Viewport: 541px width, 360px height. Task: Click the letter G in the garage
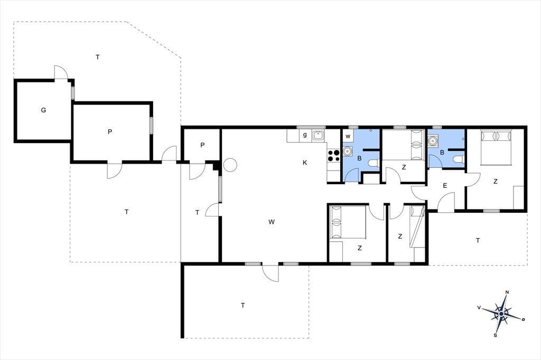(x=43, y=110)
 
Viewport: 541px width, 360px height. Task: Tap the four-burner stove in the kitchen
(x=333, y=155)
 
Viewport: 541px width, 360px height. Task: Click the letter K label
(x=305, y=163)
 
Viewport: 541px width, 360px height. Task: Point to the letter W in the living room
(x=272, y=222)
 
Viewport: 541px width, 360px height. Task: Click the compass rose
(x=501, y=314)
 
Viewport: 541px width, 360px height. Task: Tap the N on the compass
(x=507, y=292)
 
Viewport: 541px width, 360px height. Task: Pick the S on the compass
(x=496, y=335)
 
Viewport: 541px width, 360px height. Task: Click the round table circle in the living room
(x=230, y=165)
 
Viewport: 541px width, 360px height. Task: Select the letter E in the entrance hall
(x=445, y=186)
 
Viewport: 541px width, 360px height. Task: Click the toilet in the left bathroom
(x=374, y=163)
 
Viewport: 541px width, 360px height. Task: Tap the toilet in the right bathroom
(x=459, y=159)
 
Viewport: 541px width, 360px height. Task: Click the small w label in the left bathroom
(x=348, y=137)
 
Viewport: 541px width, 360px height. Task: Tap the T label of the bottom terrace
(x=243, y=305)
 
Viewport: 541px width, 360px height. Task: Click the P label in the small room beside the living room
(x=202, y=145)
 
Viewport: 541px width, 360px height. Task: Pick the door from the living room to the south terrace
(x=270, y=273)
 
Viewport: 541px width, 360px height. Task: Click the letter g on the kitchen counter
(x=305, y=135)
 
